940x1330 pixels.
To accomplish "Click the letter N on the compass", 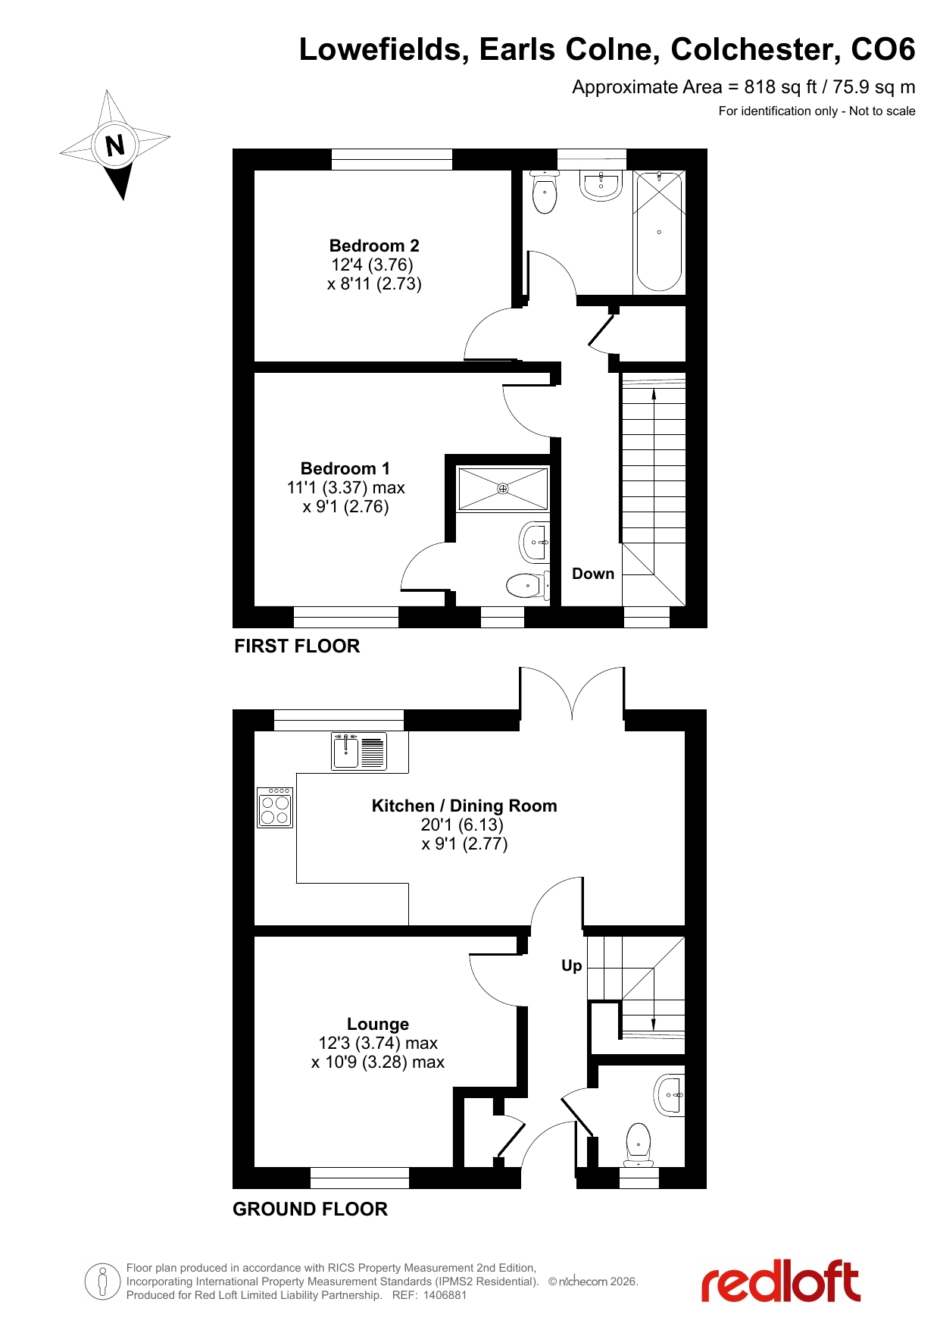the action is pyautogui.click(x=115, y=145).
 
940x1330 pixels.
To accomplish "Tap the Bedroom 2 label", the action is pyautogui.click(x=374, y=246).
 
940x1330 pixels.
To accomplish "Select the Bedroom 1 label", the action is pyautogui.click(x=345, y=468).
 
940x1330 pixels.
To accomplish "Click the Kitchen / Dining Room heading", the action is pyautogui.click(x=464, y=806).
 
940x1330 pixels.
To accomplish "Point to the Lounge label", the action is pyautogui.click(x=378, y=1024).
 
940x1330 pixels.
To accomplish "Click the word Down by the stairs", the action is pyautogui.click(x=593, y=574).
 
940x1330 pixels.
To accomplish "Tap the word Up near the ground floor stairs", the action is pyautogui.click(x=572, y=965).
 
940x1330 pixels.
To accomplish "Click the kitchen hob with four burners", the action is pyautogui.click(x=275, y=808).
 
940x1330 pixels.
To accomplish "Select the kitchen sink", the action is pyautogui.click(x=359, y=751).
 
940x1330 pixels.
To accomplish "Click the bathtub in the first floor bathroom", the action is pyautogui.click(x=659, y=231).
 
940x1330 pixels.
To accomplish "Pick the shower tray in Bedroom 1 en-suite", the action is pyautogui.click(x=503, y=489).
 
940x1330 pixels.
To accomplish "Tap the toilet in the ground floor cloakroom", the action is pyautogui.click(x=639, y=1144).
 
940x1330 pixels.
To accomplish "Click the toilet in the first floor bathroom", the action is pyautogui.click(x=545, y=192).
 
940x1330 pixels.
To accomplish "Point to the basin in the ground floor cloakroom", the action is pyautogui.click(x=670, y=1095).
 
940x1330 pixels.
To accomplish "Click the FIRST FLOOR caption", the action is pyautogui.click(x=297, y=646).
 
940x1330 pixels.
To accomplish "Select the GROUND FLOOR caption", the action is pyautogui.click(x=310, y=1210).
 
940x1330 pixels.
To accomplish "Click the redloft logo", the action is pyautogui.click(x=781, y=1281).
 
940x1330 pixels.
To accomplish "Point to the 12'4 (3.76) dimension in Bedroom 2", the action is pyautogui.click(x=372, y=264).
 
